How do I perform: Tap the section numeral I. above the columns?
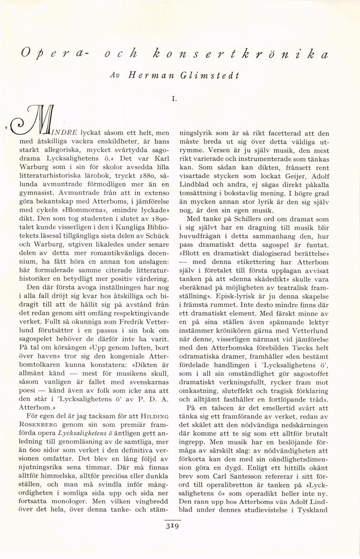(178, 100)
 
